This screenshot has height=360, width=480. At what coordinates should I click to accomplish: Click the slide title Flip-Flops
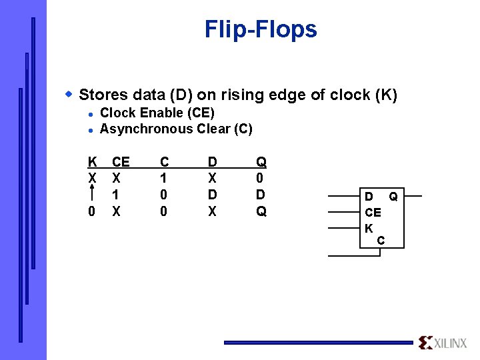(261, 29)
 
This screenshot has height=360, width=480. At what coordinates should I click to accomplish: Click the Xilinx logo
(443, 342)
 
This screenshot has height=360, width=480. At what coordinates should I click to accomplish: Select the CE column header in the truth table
(121, 162)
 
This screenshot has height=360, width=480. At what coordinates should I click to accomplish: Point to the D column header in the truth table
(212, 162)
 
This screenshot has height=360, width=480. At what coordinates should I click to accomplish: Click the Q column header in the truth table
(261, 162)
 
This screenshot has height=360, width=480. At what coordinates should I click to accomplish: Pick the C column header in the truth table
(164, 162)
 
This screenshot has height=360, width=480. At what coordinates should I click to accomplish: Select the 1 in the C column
(164, 179)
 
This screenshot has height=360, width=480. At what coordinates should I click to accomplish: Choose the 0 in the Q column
(261, 179)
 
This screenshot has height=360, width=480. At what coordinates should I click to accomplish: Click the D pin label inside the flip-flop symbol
(369, 197)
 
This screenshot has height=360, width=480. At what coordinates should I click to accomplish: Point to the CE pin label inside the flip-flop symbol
(373, 213)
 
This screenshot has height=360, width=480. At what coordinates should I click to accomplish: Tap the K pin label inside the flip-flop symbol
(368, 228)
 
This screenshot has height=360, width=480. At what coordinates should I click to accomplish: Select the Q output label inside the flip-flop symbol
(393, 197)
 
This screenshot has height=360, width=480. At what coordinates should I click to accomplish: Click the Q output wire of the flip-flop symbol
(413, 196)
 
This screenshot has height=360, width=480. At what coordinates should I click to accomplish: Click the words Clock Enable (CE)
(157, 113)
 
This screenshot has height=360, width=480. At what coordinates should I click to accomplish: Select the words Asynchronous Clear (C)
(176, 129)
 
